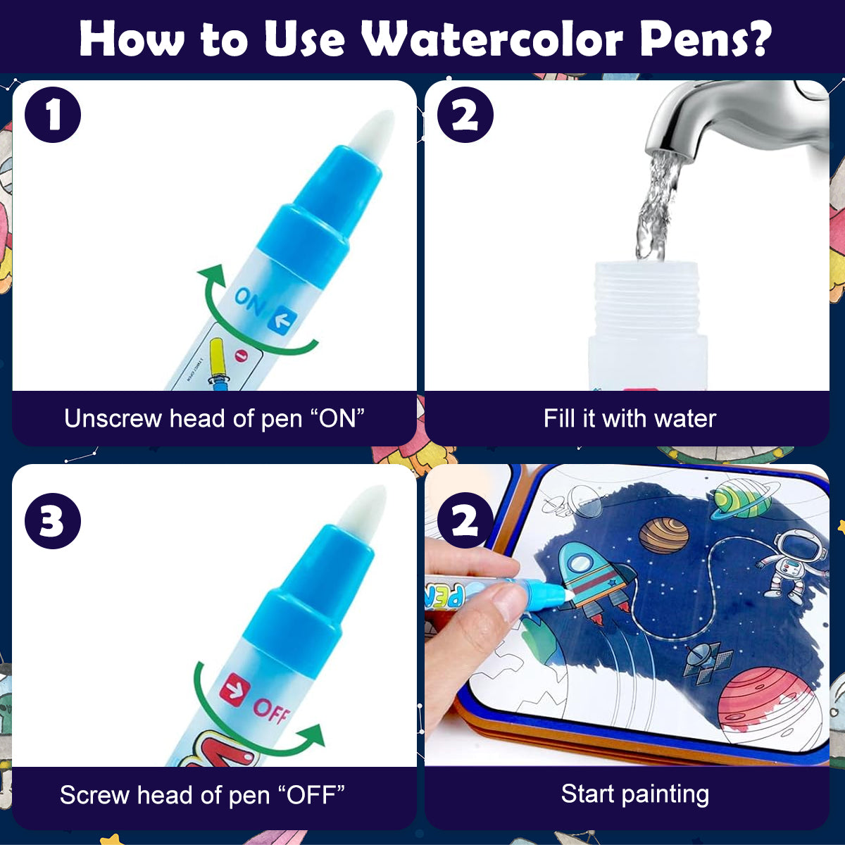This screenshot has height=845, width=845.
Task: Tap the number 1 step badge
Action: point(53,115)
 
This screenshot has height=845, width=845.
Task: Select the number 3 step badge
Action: point(52,522)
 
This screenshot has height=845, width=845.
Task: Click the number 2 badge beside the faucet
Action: point(465,115)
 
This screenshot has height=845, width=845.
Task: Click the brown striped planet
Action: point(663,535)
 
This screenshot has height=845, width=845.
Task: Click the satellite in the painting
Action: point(704,662)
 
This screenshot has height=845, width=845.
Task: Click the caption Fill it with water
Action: point(629,418)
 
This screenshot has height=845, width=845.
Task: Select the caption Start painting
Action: point(634,794)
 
